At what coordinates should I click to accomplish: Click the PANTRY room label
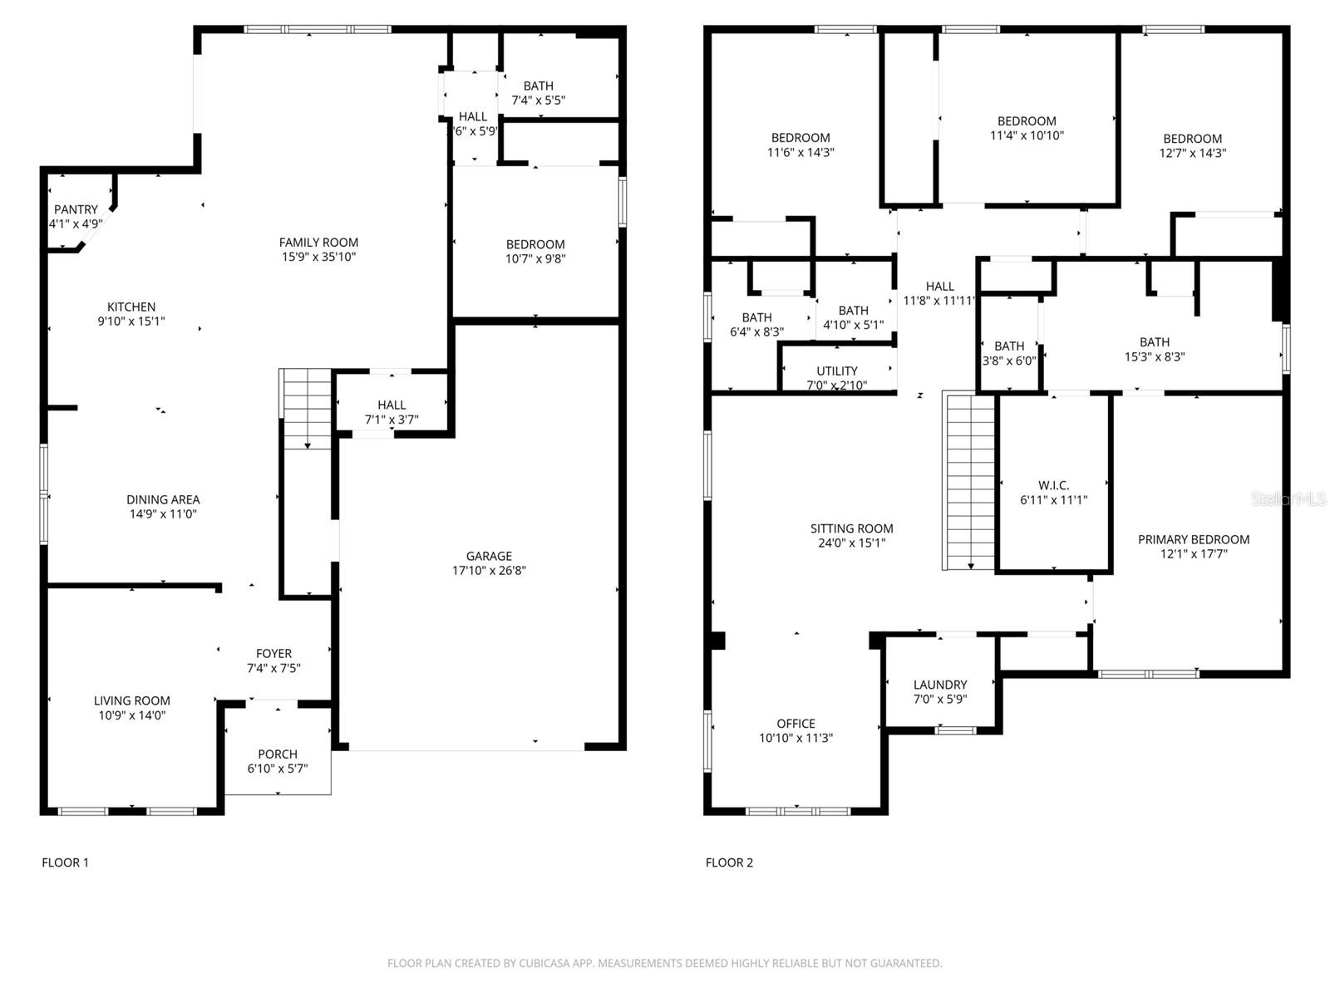pyautogui.click(x=76, y=209)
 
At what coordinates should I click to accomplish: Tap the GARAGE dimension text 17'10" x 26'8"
pyautogui.click(x=489, y=571)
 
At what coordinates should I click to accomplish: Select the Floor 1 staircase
pyautogui.click(x=307, y=409)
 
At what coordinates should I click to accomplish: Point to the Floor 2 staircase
pyautogui.click(x=970, y=482)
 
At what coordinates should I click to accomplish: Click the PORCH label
pyautogui.click(x=278, y=754)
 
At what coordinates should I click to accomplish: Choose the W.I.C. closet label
pyautogui.click(x=1053, y=485)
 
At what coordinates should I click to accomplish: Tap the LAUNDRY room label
pyautogui.click(x=940, y=685)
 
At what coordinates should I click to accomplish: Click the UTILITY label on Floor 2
pyautogui.click(x=837, y=371)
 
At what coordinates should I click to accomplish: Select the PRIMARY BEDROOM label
pyautogui.click(x=1194, y=539)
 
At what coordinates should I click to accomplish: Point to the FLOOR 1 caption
pyautogui.click(x=65, y=862)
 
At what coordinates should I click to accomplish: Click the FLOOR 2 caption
pyautogui.click(x=729, y=862)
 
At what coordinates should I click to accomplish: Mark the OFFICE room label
pyautogui.click(x=796, y=724)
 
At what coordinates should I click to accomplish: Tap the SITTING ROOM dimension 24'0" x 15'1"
pyautogui.click(x=851, y=543)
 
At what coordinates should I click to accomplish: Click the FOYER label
pyautogui.click(x=273, y=654)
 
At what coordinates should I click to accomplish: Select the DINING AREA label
pyautogui.click(x=163, y=499)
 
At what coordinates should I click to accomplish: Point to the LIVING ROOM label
pyautogui.click(x=132, y=701)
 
